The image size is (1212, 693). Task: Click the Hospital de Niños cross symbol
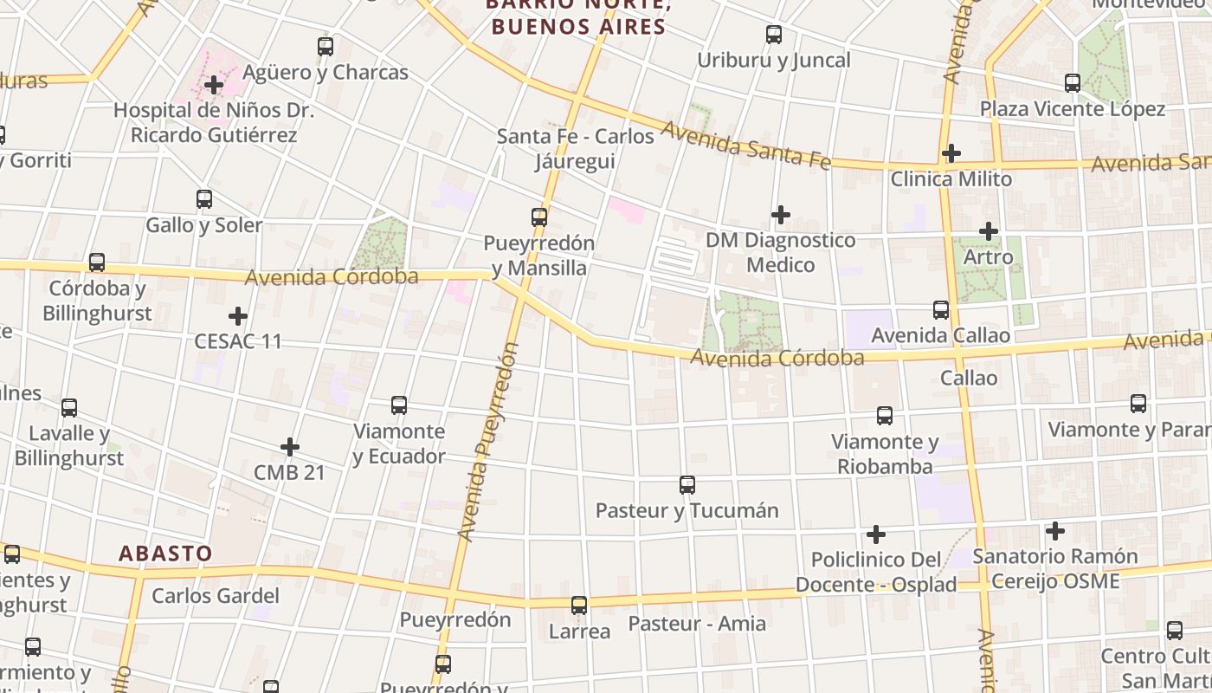[x=214, y=85]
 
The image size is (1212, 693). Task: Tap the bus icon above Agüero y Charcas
[x=326, y=47]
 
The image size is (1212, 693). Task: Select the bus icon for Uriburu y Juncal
[x=774, y=35]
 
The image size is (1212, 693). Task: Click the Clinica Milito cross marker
[x=951, y=153]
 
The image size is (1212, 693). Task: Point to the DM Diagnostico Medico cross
[x=781, y=214]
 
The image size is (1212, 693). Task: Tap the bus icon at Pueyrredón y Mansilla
[x=539, y=217]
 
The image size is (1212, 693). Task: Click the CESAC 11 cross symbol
[x=238, y=316]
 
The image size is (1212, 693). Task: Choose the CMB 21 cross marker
[x=290, y=447]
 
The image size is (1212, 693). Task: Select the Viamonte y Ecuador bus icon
[x=399, y=405]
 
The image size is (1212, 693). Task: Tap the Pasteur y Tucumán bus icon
[x=687, y=485]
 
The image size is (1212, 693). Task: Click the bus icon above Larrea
[x=579, y=606]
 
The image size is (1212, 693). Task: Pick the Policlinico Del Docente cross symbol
[x=876, y=534]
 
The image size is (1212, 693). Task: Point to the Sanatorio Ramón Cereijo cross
[x=1055, y=530]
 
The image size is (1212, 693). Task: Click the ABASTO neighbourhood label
[x=165, y=554]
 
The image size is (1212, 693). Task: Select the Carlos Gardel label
[x=216, y=596]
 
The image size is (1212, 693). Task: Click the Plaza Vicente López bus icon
[x=1073, y=83]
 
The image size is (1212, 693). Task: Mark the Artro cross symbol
[x=989, y=231]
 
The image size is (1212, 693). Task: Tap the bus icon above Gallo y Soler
[x=204, y=199]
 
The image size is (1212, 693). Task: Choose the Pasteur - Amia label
[x=697, y=624]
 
